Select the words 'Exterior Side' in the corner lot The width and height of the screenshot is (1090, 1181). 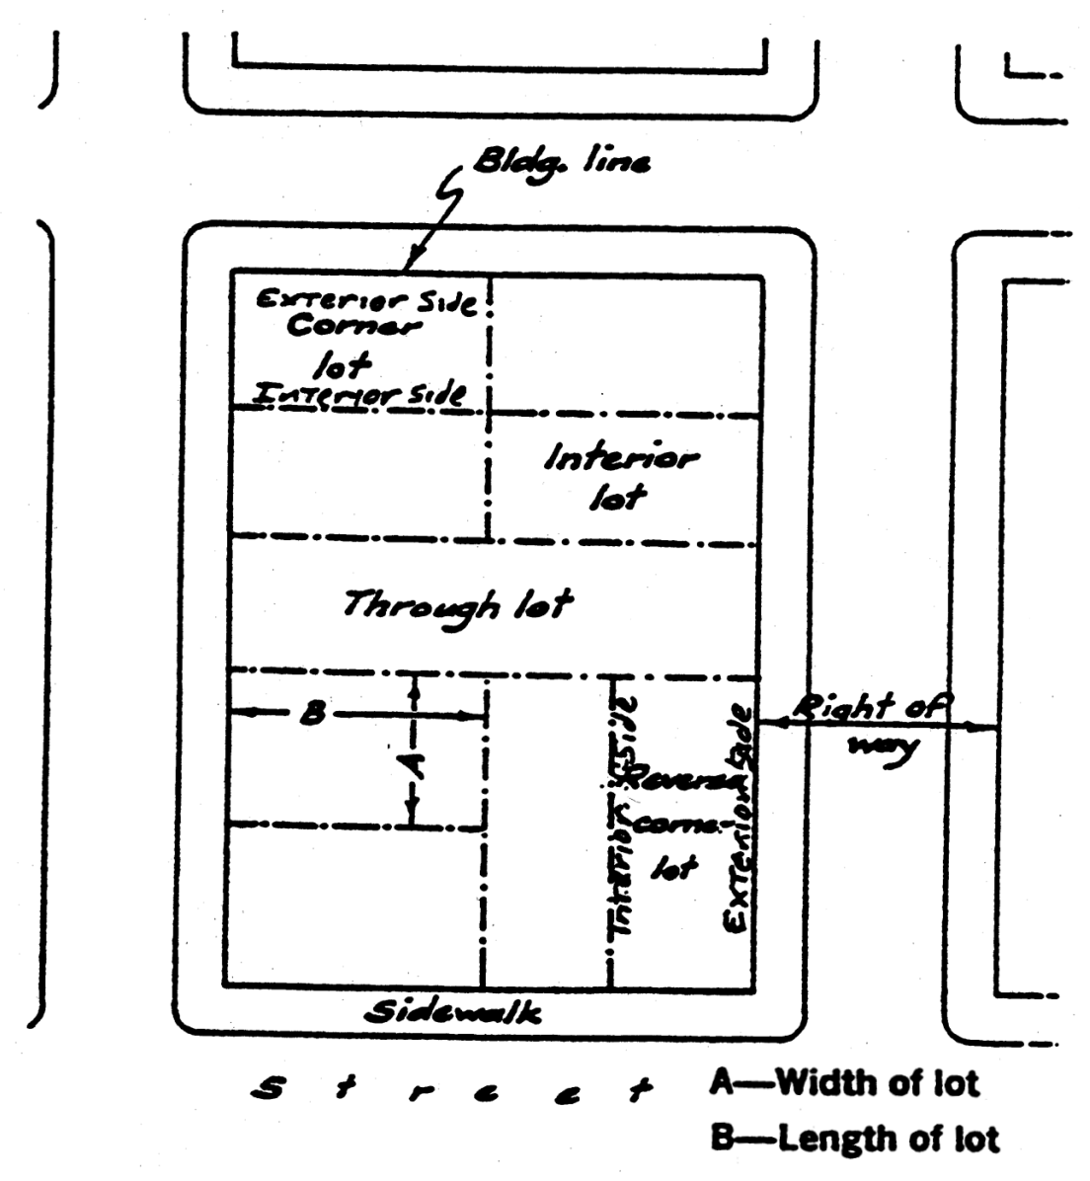365,302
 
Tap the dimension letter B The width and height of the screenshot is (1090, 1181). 312,713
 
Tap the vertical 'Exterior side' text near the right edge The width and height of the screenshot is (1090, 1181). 739,820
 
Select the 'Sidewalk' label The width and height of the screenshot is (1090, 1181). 453,1013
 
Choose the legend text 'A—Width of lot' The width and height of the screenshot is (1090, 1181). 843,1083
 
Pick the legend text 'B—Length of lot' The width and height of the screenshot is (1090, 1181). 853,1140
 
